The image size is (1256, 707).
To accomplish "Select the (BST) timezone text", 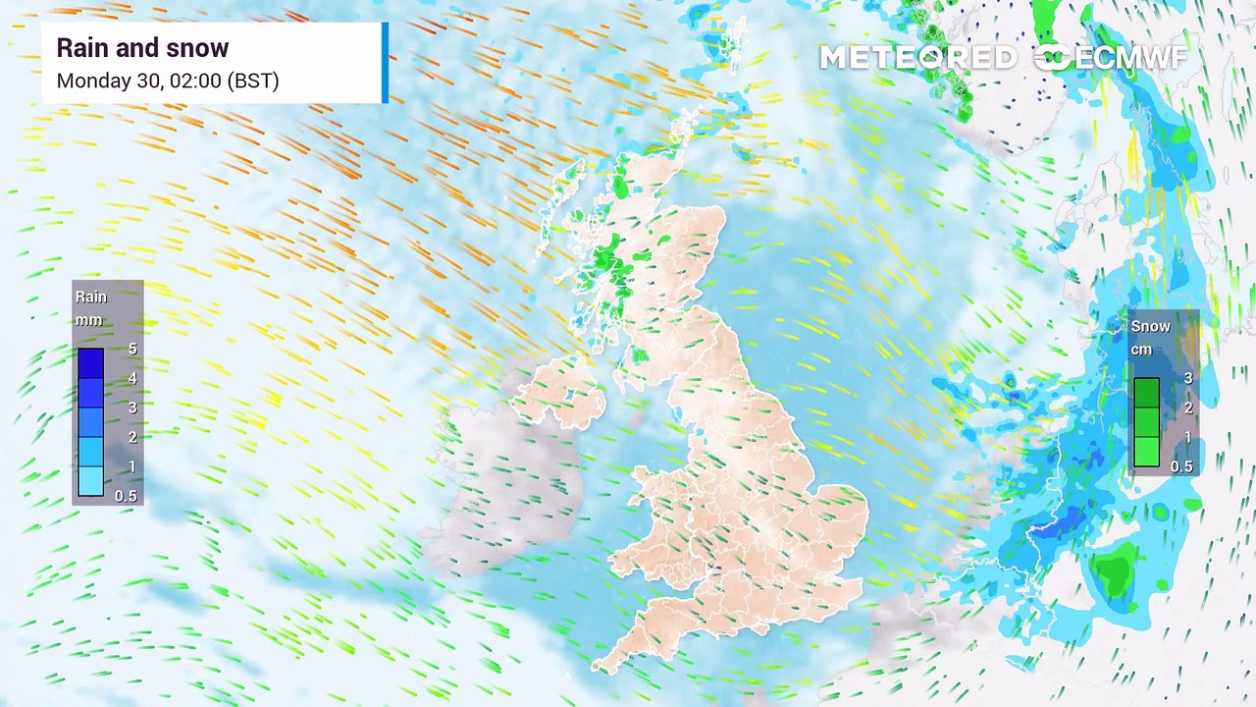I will (253, 81).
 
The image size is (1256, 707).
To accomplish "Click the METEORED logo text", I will (917, 58).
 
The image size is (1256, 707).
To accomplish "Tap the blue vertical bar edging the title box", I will (385, 63).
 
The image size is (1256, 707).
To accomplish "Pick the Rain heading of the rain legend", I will (91, 297).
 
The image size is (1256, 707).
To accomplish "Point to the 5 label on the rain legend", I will (132, 349).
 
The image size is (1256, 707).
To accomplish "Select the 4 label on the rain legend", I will (132, 378).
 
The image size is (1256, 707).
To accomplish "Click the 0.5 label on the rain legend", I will (126, 496).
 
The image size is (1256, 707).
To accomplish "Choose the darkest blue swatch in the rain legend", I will (91, 363).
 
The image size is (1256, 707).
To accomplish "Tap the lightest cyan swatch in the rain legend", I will (91, 481).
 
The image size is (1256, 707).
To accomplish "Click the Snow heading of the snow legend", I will (1150, 326).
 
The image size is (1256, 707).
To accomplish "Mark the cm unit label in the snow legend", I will (1141, 350).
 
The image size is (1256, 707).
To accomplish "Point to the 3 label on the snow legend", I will (1188, 379).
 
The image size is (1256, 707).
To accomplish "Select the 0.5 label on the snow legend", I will (1181, 466).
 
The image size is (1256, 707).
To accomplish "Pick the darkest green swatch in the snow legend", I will (1146, 393).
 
